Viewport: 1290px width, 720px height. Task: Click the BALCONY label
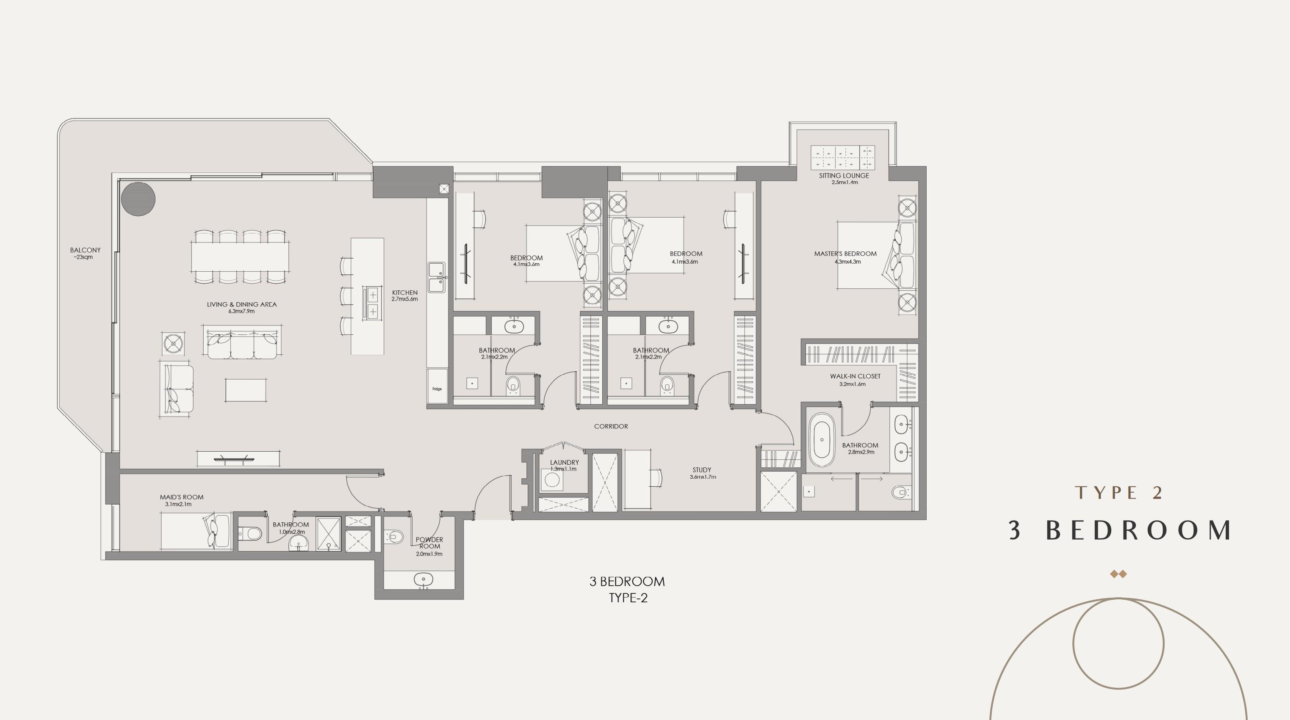pos(85,250)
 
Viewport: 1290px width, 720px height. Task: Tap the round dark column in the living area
pos(138,199)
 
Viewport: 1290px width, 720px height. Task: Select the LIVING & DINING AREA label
pos(241,304)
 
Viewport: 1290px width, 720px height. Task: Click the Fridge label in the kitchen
pos(437,389)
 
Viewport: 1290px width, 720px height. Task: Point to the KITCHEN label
pos(404,293)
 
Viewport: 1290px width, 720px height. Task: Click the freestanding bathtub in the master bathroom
pos(822,440)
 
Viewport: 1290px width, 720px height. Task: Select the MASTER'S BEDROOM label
pos(845,254)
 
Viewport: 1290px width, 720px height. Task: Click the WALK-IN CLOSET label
pos(855,376)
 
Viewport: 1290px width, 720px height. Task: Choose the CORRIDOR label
pos(611,426)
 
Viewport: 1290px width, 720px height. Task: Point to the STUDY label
pos(702,470)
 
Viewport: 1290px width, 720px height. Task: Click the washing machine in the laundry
pos(552,480)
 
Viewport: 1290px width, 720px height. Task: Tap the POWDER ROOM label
pos(429,543)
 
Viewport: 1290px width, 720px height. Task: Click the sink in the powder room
pos(423,580)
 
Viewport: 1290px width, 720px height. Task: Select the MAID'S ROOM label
pos(182,497)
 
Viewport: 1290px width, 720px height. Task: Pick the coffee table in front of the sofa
pos(245,390)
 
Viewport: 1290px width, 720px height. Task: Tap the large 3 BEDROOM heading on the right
pos(1120,530)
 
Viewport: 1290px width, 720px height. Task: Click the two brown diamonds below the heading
pos(1118,574)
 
